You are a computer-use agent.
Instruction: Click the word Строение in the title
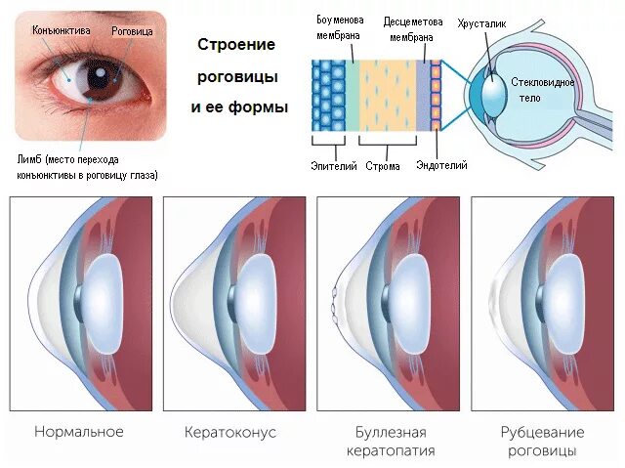[236, 45]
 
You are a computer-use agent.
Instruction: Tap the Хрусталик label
[480, 21]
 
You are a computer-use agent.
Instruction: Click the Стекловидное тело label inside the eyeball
[539, 91]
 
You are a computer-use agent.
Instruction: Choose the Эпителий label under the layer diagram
[331, 165]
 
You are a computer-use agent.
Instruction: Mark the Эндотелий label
[441, 165]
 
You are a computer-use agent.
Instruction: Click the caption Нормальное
[78, 431]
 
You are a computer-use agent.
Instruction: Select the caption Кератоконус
[230, 431]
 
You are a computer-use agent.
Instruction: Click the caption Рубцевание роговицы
[542, 441]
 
